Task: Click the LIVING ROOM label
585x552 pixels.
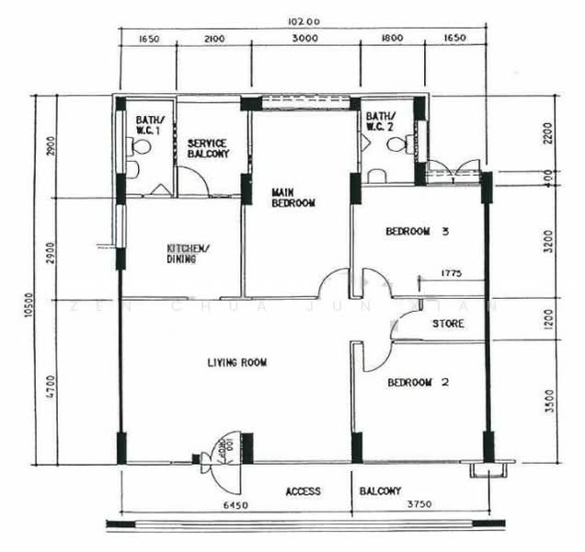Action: (236, 362)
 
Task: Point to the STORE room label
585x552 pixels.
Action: (447, 324)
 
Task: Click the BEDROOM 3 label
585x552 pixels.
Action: (418, 232)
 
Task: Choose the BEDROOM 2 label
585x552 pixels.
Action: (417, 382)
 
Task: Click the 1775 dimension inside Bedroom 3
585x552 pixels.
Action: (451, 273)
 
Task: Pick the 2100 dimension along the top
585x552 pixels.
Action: (213, 39)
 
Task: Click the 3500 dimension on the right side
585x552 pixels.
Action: (550, 402)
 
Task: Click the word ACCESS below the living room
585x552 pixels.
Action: (303, 491)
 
